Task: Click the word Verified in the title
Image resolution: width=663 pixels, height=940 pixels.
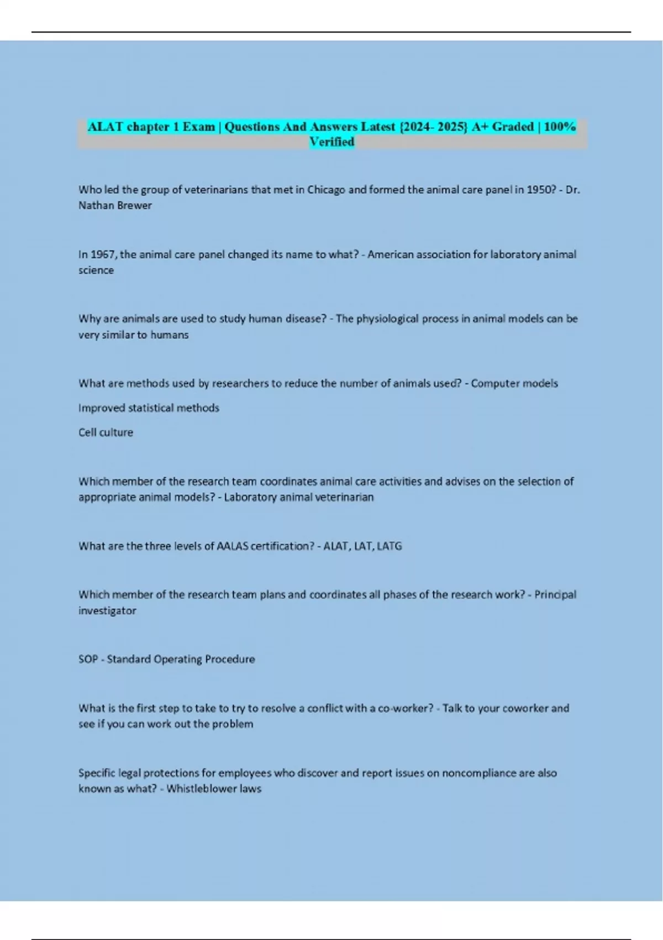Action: (x=331, y=142)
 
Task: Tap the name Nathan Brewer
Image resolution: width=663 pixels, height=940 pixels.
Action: (x=115, y=205)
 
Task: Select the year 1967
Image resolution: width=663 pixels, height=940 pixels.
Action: (x=102, y=254)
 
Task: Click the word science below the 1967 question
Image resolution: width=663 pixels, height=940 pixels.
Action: (x=96, y=270)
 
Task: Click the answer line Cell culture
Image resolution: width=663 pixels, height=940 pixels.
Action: (x=106, y=432)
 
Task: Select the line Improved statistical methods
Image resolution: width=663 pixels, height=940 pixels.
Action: (x=149, y=408)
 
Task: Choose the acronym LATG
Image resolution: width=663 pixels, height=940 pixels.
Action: (x=389, y=546)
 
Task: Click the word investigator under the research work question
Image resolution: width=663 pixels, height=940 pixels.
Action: (x=107, y=611)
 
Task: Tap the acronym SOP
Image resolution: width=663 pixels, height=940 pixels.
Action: (x=88, y=659)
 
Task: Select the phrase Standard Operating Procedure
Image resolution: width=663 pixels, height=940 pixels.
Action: (x=181, y=659)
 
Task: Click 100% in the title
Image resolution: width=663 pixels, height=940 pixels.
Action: (x=560, y=127)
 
